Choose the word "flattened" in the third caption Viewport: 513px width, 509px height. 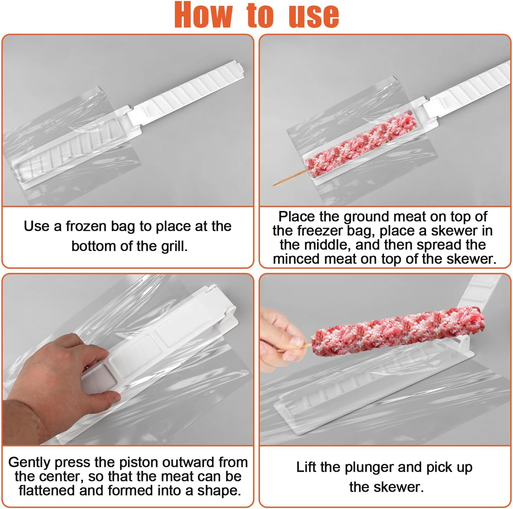pyautogui.click(x=47, y=490)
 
